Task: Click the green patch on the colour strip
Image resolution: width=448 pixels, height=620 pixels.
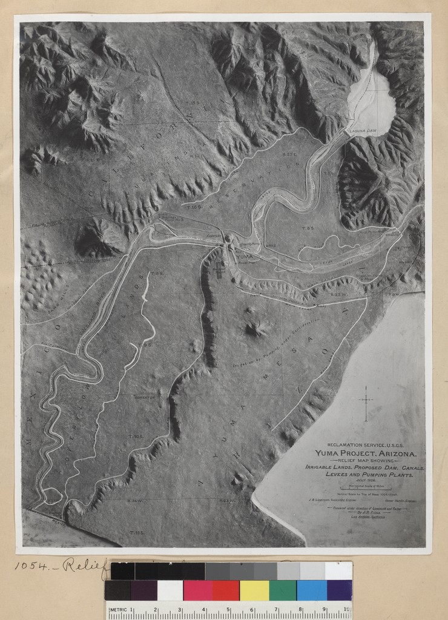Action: tap(283, 590)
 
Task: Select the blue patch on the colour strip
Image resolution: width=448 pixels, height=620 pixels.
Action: tap(312, 590)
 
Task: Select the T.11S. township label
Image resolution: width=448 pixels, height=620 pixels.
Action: tap(136, 532)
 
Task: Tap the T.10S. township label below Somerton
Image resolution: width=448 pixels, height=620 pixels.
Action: tap(136, 436)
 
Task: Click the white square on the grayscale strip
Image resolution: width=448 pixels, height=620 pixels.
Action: tap(338, 570)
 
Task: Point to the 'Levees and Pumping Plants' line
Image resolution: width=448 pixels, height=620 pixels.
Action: tap(364, 475)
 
